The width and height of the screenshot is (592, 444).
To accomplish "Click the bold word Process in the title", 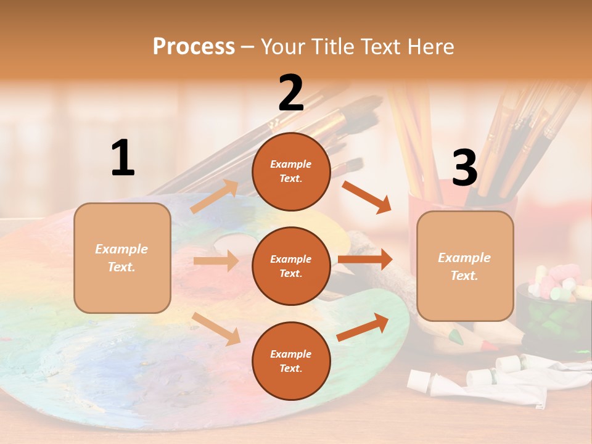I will tap(194, 46).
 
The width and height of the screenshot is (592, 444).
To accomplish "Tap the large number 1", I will tap(123, 158).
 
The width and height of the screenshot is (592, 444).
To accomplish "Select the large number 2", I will tap(291, 93).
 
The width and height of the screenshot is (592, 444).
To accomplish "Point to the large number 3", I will tap(464, 168).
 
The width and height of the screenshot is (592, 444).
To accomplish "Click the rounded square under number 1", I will tap(122, 258).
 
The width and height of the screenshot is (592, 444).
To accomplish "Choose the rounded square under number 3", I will tap(465, 266).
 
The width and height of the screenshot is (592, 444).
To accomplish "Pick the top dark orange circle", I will tap(291, 171).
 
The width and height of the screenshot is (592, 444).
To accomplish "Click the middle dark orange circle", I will tap(291, 266).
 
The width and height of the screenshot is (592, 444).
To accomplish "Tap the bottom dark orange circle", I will tap(291, 361).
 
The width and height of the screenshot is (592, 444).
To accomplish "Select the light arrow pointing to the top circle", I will tap(215, 196).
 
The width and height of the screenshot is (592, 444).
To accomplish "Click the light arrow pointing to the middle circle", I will tap(216, 261).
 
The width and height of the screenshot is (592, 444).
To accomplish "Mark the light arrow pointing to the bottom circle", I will tap(216, 328).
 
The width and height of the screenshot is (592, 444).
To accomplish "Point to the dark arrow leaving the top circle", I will tap(367, 197).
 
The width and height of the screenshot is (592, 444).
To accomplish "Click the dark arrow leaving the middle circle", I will tap(365, 259).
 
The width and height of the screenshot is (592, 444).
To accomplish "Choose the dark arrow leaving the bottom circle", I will tap(363, 327).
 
